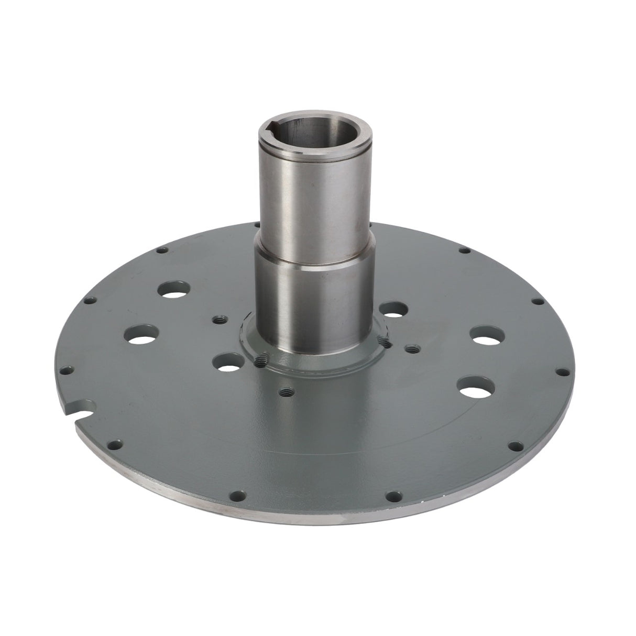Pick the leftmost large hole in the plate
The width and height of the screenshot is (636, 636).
click(141, 334)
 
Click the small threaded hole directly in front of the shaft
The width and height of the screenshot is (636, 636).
click(286, 391)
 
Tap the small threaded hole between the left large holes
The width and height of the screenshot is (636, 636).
click(218, 318)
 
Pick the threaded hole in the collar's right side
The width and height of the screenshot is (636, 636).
click(387, 342)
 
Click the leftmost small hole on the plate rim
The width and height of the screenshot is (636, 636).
click(64, 371)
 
